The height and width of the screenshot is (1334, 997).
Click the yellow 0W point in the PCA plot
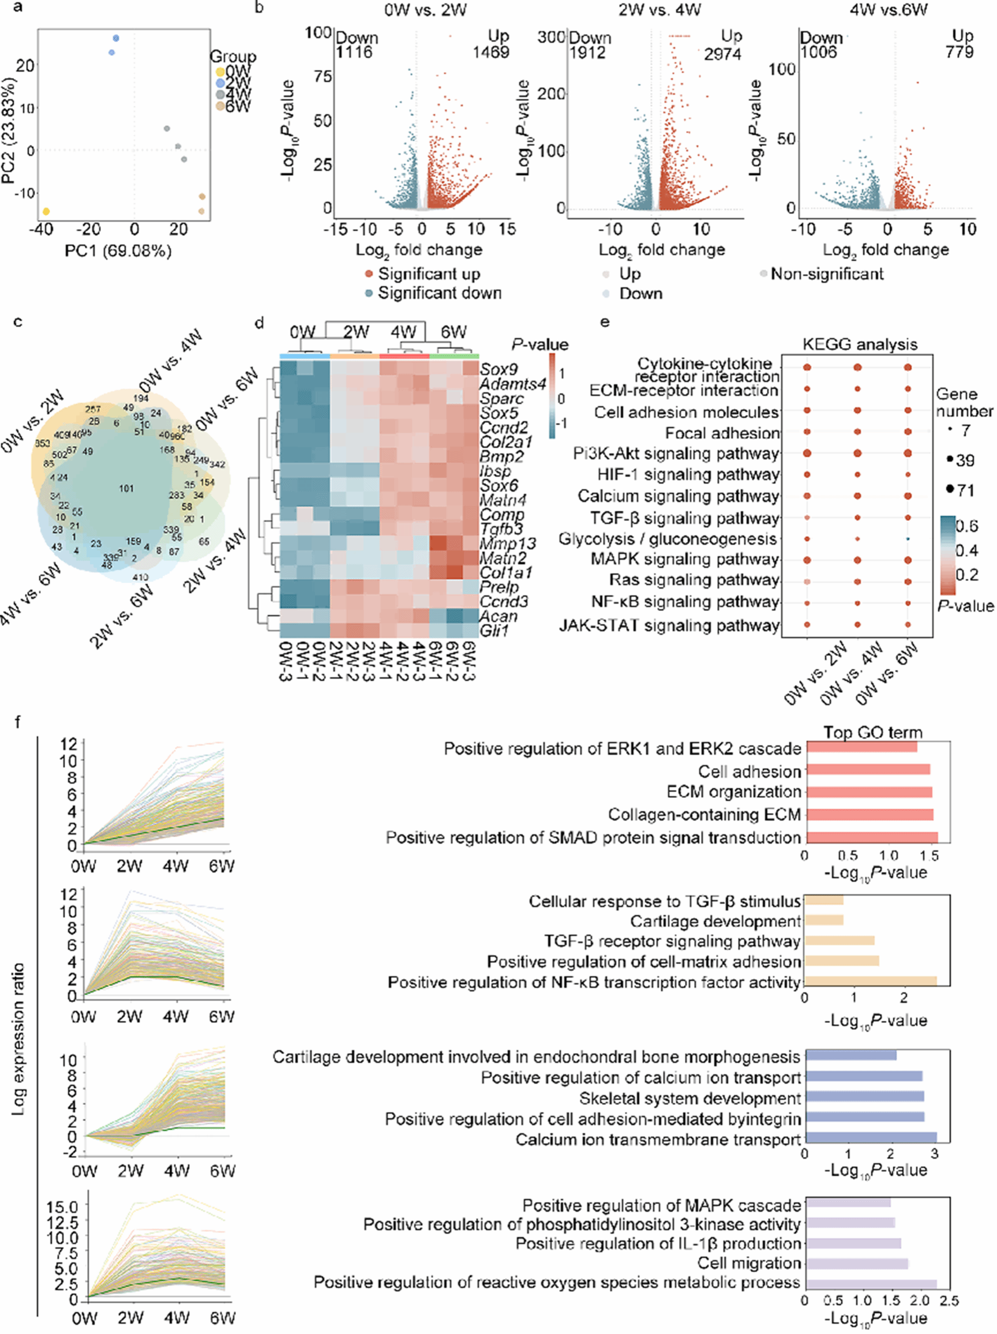pyautogui.click(x=46, y=212)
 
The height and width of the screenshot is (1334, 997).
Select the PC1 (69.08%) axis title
pyautogui.click(x=118, y=251)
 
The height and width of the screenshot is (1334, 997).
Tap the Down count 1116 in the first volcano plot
pyautogui.click(x=354, y=53)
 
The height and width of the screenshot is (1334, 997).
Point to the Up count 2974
pyautogui.click(x=722, y=54)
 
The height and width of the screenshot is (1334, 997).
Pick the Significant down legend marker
pyautogui.click(x=369, y=294)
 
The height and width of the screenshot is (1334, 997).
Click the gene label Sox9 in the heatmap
pyautogui.click(x=498, y=369)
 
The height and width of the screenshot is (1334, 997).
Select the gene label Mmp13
pyautogui.click(x=507, y=544)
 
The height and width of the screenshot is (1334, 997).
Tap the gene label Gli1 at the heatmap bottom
pyautogui.click(x=494, y=631)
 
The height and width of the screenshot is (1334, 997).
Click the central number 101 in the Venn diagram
pyautogui.click(x=126, y=489)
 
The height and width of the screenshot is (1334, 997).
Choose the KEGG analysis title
pyautogui.click(x=860, y=344)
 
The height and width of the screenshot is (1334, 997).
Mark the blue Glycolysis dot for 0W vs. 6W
pyautogui.click(x=908, y=538)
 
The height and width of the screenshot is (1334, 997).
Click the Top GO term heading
pyautogui.click(x=873, y=733)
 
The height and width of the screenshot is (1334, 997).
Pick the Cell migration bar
pyautogui.click(x=856, y=1264)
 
